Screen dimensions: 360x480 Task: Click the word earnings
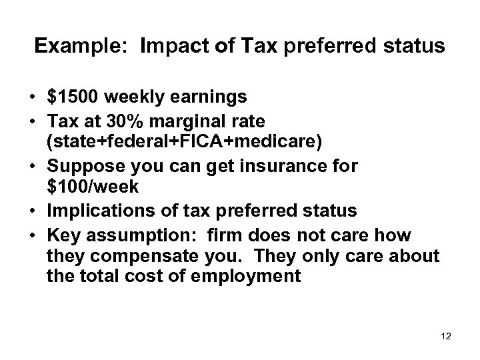pos(207,97)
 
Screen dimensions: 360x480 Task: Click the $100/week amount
pos(93,181)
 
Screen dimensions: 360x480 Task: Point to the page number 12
pos(446,337)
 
